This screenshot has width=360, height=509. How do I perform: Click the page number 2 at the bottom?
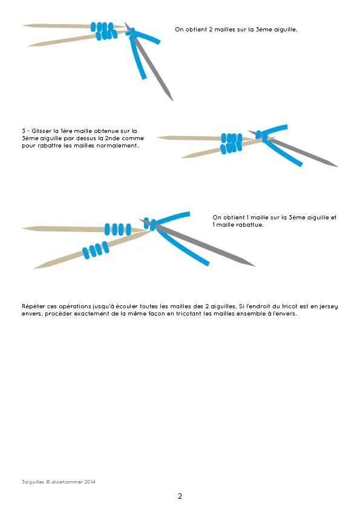[180, 496]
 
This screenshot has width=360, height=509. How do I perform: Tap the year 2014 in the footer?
[90, 482]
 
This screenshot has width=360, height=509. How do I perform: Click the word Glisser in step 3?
[42, 131]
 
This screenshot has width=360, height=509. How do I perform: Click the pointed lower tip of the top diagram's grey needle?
[172, 101]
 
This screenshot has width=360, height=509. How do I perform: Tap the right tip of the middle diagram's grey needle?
[338, 166]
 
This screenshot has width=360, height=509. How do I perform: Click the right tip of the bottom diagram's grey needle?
[255, 266]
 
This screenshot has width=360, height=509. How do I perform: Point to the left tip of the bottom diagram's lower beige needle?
[34, 268]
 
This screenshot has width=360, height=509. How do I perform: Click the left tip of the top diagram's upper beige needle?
[22, 25]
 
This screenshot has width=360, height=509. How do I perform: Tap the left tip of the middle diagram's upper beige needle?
[157, 138]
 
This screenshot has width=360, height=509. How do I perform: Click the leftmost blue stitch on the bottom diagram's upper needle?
[107, 229]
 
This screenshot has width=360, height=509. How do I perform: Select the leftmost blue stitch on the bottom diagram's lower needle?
[86, 253]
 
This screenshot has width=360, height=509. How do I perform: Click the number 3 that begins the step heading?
[24, 131]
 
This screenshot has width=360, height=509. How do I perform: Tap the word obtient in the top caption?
[196, 30]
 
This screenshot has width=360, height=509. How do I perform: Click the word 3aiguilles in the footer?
[33, 482]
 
